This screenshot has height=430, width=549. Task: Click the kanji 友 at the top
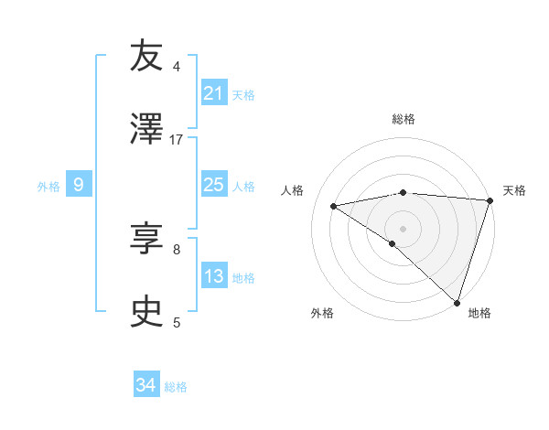[147, 57]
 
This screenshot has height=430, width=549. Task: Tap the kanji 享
[147, 240]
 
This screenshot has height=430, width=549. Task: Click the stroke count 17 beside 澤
[177, 139]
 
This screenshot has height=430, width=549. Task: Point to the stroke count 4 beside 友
[177, 67]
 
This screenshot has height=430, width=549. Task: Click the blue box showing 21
[213, 93]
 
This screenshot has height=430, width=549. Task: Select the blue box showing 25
[213, 185]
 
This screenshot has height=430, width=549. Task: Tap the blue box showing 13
[213, 276]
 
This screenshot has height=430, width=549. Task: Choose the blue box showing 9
[79, 185]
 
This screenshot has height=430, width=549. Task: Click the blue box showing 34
[146, 385]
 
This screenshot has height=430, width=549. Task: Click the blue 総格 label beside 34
[176, 387]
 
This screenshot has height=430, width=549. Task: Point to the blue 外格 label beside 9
[48, 187]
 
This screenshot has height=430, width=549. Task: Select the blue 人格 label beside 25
[243, 187]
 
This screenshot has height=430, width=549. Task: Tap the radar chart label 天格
[514, 190]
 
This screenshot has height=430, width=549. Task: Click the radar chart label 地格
[479, 313]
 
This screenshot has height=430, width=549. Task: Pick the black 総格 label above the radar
[403, 119]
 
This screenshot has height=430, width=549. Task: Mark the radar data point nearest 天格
[490, 199]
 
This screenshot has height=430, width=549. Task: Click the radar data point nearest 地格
[457, 303]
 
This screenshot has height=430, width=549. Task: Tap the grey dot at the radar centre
[403, 228]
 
